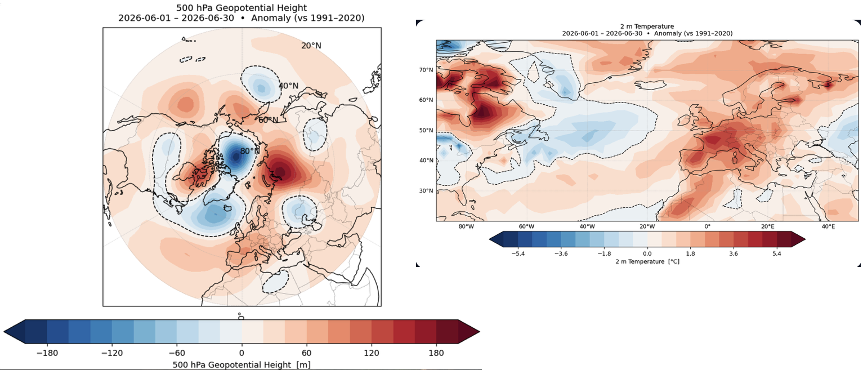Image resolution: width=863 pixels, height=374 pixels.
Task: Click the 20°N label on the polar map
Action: [311, 46]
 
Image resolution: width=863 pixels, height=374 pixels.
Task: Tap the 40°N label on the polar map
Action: [288, 86]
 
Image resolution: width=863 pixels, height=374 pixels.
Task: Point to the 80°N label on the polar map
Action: [249, 152]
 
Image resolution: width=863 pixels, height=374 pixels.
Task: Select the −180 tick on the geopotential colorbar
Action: [47, 353]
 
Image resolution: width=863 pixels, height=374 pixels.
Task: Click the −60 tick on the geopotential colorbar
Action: [177, 353]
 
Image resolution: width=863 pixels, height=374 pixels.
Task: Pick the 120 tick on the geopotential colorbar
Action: [372, 353]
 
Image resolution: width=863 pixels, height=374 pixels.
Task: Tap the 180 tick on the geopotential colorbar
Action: [436, 353]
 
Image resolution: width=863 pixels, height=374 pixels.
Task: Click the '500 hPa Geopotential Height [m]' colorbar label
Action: [242, 365]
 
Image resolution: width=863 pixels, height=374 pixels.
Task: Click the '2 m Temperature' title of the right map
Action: [647, 26]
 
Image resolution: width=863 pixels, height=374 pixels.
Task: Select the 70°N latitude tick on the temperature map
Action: [426, 70]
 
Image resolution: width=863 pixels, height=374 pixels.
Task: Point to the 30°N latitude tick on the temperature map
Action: [426, 191]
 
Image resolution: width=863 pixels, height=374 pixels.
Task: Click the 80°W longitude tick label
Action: [466, 226]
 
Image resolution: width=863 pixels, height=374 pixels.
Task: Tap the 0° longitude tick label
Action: [708, 226]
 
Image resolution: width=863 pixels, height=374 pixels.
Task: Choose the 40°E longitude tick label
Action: [828, 226]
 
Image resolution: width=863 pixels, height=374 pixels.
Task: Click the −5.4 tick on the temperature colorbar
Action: [517, 253]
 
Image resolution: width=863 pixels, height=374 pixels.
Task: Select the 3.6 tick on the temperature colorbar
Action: [734, 253]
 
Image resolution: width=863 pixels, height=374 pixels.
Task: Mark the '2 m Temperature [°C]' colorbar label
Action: [647, 261]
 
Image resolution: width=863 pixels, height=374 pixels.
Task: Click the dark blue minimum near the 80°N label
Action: [236, 156]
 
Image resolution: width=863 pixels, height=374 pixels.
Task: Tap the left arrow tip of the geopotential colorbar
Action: [5, 332]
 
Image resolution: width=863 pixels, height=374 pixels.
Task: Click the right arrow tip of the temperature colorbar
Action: [804, 239]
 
